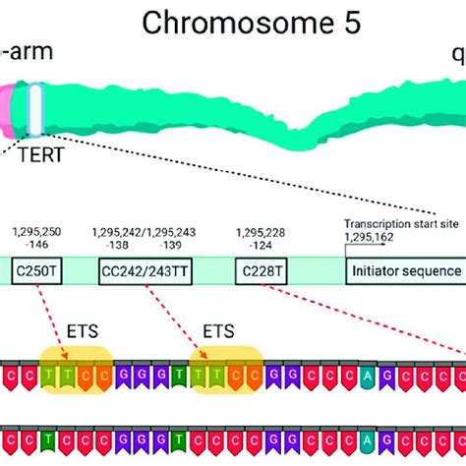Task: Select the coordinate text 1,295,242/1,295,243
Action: point(144,231)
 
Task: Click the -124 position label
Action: point(260,243)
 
